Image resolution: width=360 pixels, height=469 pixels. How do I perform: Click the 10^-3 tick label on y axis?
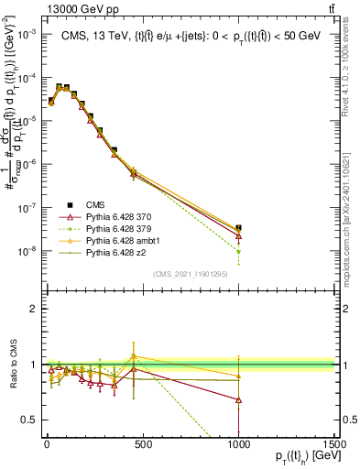click(x=27, y=33)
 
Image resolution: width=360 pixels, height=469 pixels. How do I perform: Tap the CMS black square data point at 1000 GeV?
click(x=238, y=227)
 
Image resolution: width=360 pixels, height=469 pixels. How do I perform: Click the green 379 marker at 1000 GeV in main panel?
click(x=238, y=251)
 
